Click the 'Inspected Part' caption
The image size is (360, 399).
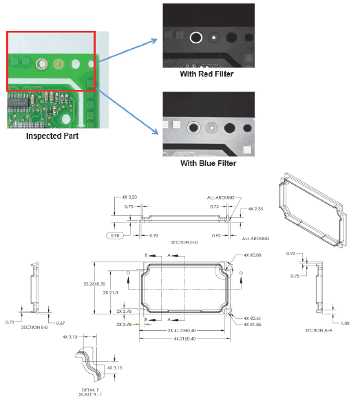click(52, 136)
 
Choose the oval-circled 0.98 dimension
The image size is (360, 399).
click(115, 236)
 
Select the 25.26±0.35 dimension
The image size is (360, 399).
click(95, 282)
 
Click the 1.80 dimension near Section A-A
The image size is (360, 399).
click(345, 322)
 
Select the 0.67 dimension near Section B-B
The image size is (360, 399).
click(61, 323)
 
